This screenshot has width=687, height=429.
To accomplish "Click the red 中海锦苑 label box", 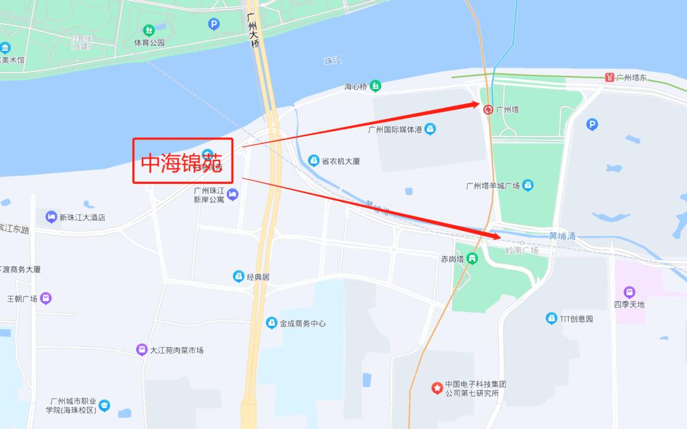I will pyautogui.click(x=183, y=161).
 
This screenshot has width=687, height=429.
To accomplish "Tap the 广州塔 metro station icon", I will pyautogui.click(x=488, y=109).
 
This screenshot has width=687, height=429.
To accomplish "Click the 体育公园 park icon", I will pyautogui.click(x=149, y=30).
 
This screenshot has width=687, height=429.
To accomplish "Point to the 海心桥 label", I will pyautogui.click(x=357, y=87).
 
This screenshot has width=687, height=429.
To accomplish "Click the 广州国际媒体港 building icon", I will pyautogui.click(x=430, y=129).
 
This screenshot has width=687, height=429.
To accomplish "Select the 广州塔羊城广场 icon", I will pyautogui.click(x=527, y=185).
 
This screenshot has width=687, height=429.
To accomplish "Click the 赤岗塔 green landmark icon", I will pyautogui.click(x=472, y=258).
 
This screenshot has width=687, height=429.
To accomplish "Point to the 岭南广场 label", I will pyautogui.click(x=522, y=250).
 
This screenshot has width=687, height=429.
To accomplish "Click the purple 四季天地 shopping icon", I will pyautogui.click(x=629, y=292).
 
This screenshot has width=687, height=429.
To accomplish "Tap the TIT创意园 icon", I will pyautogui.click(x=552, y=318).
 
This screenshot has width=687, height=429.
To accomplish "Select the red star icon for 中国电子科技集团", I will pyautogui.click(x=437, y=388).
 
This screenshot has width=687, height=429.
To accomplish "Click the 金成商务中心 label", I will pyautogui.click(x=302, y=323).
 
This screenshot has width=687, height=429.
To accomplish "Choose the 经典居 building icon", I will pyautogui.click(x=239, y=276).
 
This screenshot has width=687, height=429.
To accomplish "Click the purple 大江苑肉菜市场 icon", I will pyautogui.click(x=142, y=349).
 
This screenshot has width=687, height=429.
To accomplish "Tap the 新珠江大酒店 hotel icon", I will pyautogui.click(x=52, y=217).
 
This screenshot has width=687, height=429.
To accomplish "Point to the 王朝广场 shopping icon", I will pyautogui.click(x=46, y=298).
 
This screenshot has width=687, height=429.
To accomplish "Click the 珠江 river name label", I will pyautogui.click(x=333, y=61).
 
